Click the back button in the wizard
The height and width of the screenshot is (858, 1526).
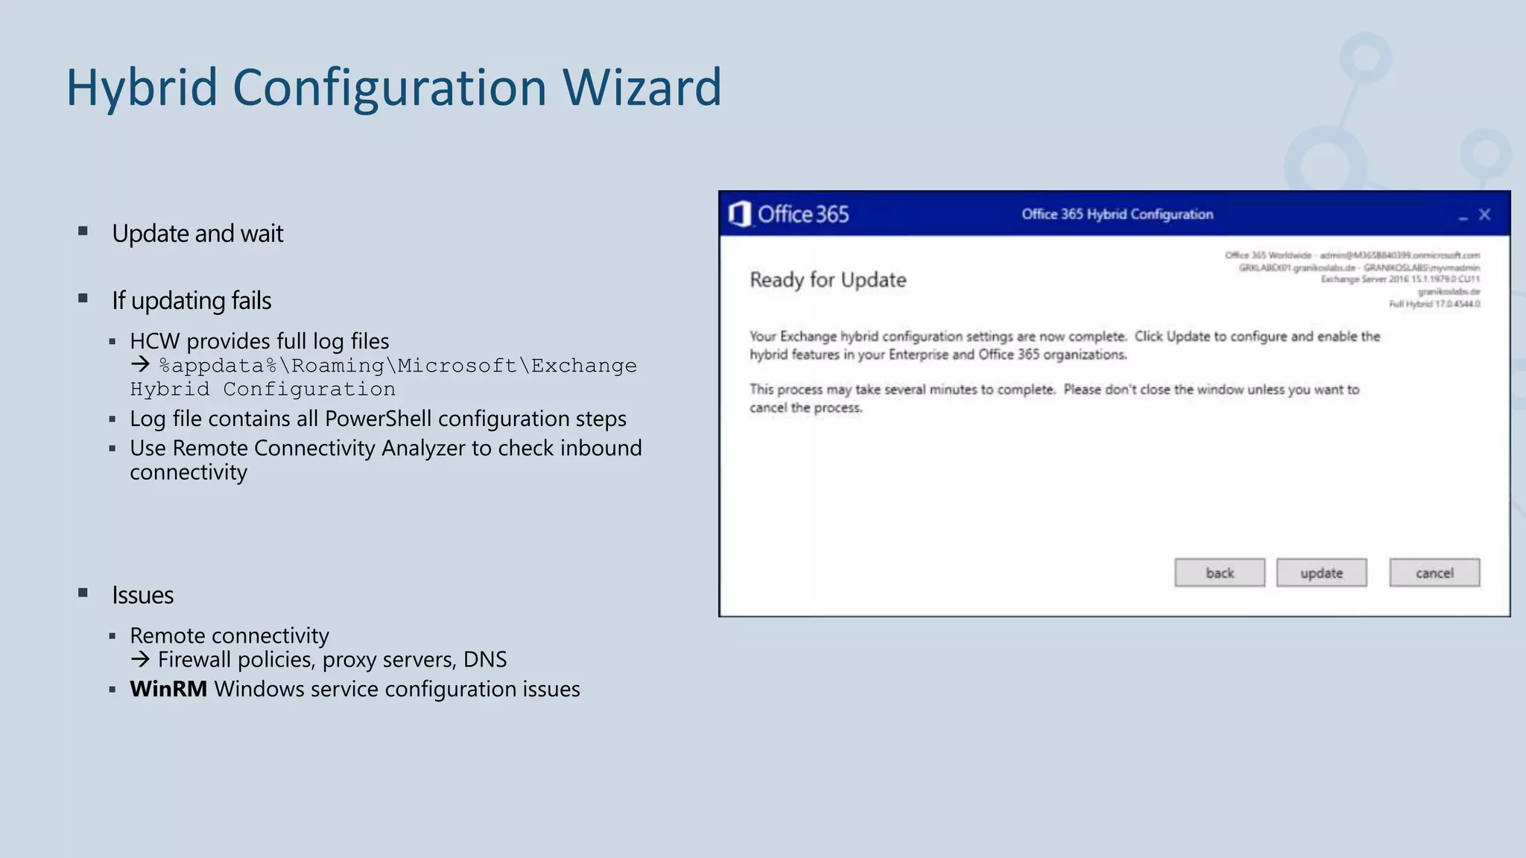1219,573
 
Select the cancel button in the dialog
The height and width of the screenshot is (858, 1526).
1434,573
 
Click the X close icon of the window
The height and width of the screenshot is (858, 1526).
1484,214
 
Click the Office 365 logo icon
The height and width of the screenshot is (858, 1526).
739,214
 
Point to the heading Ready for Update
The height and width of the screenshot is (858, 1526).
827,280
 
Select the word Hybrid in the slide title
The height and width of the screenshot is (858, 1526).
141,87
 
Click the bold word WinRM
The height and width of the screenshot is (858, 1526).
168,689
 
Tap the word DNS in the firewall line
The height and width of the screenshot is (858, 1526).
484,660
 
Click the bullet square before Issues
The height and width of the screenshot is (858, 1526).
83,593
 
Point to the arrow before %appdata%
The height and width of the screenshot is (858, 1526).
140,365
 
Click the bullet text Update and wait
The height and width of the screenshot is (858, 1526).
197,234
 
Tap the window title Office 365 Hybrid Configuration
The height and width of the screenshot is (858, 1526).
1116,214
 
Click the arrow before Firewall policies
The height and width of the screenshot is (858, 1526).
140,659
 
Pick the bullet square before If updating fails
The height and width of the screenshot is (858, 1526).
83,299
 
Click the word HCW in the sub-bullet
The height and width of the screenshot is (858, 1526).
154,341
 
